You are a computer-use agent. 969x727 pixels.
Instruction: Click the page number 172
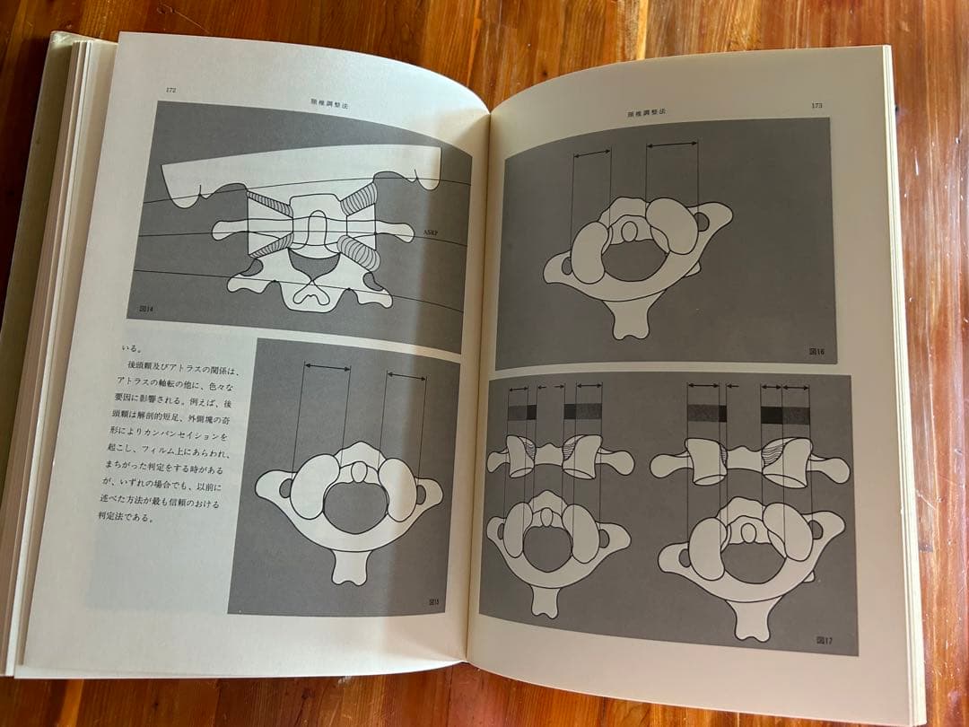coord(170,90)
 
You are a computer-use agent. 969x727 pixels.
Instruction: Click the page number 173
coord(816,106)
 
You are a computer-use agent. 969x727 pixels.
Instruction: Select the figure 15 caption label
coord(434,601)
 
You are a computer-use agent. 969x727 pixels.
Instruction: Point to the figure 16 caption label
coord(816,353)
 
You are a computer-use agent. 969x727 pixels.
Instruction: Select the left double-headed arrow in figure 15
coord(327,366)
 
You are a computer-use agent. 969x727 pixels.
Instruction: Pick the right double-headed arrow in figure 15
coord(406,377)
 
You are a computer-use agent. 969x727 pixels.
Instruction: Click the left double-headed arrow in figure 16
coord(592,154)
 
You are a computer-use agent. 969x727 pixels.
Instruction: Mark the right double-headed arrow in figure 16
coord(672,144)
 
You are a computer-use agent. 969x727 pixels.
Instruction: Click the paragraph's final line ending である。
coord(147,517)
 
